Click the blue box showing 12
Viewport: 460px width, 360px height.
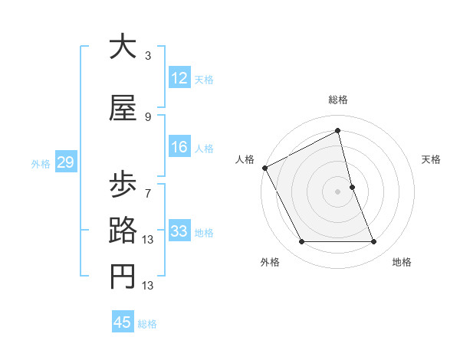pyautogui.click(x=179, y=78)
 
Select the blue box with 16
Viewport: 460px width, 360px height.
pyautogui.click(x=179, y=147)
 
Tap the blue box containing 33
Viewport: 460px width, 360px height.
pyautogui.click(x=179, y=231)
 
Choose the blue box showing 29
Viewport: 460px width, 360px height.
pyautogui.click(x=65, y=162)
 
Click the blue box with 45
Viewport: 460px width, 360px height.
pyautogui.click(x=123, y=322)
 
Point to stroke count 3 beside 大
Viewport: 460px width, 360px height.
pyautogui.click(x=148, y=56)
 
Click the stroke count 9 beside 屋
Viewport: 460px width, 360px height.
pyautogui.click(x=148, y=116)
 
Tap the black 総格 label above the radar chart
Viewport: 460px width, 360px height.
pyautogui.click(x=338, y=100)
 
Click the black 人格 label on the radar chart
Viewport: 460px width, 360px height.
pyautogui.click(x=245, y=159)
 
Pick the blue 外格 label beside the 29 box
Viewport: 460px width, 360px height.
pyautogui.click(x=41, y=163)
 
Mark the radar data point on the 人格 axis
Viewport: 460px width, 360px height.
pyautogui.click(x=264, y=167)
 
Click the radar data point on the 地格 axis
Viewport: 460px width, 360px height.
pyautogui.click(x=374, y=242)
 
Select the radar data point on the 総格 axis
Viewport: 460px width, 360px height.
pyautogui.click(x=338, y=131)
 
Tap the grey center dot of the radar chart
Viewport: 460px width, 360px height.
pyautogui.click(x=338, y=191)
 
